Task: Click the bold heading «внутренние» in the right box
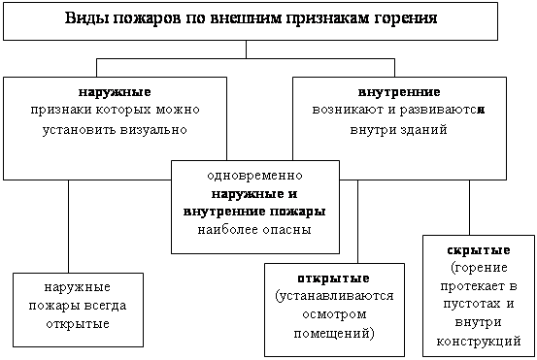pyautogui.click(x=393, y=91)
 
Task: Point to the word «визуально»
pyautogui.click(x=151, y=127)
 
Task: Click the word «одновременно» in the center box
pyautogui.click(x=255, y=177)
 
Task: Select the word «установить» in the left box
pyautogui.click(x=79, y=127)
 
